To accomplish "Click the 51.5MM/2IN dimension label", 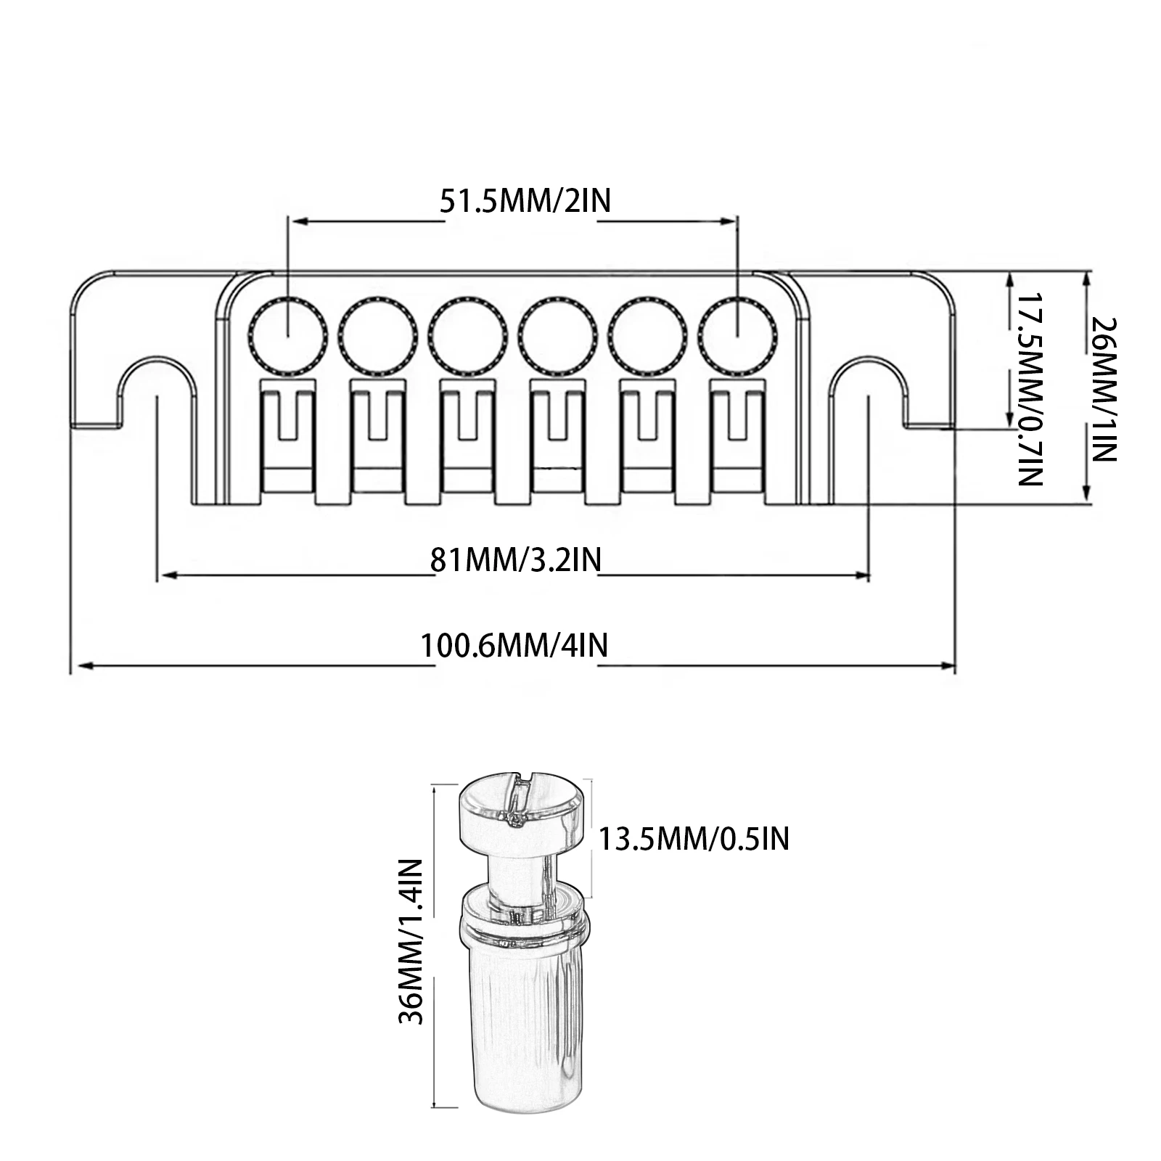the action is point(525,200).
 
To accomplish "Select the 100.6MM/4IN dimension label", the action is point(515,645).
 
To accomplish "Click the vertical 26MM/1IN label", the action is point(1103,389).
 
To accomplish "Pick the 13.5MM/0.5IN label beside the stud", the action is point(694,839).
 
